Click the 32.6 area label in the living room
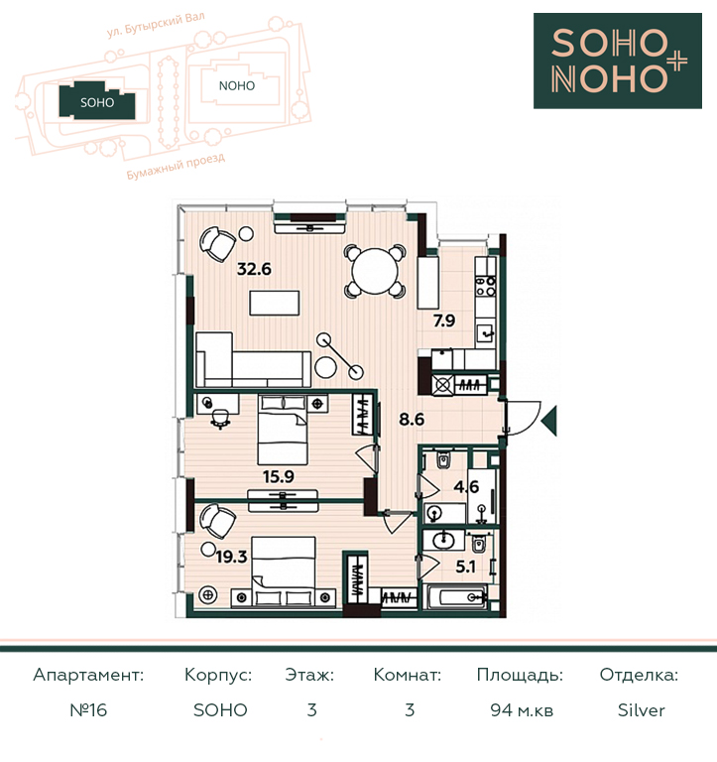coord(254,269)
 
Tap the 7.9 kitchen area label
coord(444,320)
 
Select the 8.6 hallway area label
coord(412,419)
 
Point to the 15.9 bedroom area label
coord(279,476)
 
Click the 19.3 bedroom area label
coord(231,557)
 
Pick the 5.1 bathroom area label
coord(465,567)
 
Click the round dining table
coord(375,271)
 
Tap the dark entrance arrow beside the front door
coord(549,420)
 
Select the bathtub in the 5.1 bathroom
coord(455,596)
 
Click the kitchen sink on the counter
coord(486,333)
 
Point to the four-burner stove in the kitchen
coord(486,286)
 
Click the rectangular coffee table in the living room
coord(275,304)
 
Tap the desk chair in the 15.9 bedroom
coord(220,419)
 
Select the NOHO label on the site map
coord(237,86)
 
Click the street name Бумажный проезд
coord(176,167)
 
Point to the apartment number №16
coord(88,710)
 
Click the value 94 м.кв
coord(522,710)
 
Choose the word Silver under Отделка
coord(642,710)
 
